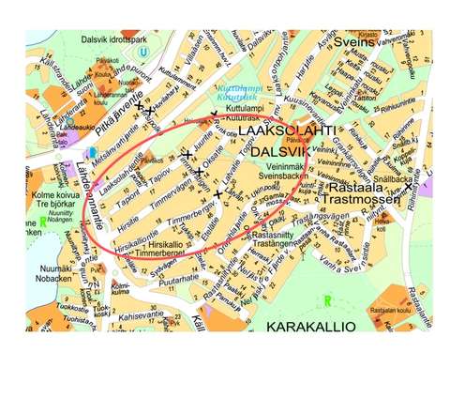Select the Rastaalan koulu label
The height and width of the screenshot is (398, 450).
[x=392, y=312]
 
